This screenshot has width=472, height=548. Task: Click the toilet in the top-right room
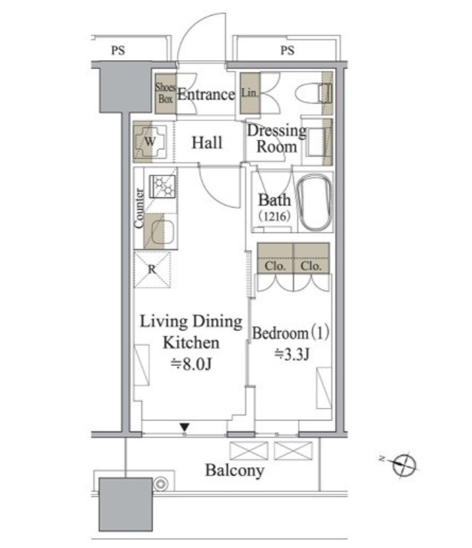[313, 93]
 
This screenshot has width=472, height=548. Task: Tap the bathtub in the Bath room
[314, 202]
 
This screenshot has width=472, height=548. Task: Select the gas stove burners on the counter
[162, 186]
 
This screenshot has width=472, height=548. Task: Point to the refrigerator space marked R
[152, 269]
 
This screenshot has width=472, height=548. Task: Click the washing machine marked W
[150, 142]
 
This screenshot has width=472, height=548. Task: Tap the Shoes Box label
[165, 93]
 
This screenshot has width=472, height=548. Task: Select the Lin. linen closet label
[250, 93]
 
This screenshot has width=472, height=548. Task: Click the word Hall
[207, 142]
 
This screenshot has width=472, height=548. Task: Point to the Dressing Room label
[276, 138]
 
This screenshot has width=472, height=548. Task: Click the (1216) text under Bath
[274, 216]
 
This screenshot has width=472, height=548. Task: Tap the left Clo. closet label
[275, 266]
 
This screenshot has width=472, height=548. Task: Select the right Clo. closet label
[311, 266]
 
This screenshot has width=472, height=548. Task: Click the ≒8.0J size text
[191, 364]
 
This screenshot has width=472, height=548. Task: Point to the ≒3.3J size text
[292, 354]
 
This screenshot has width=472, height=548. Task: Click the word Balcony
[235, 471]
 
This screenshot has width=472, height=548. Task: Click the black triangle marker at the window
[185, 427]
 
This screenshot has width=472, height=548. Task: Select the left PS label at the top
[118, 51]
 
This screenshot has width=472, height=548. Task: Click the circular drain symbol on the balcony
[161, 484]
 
